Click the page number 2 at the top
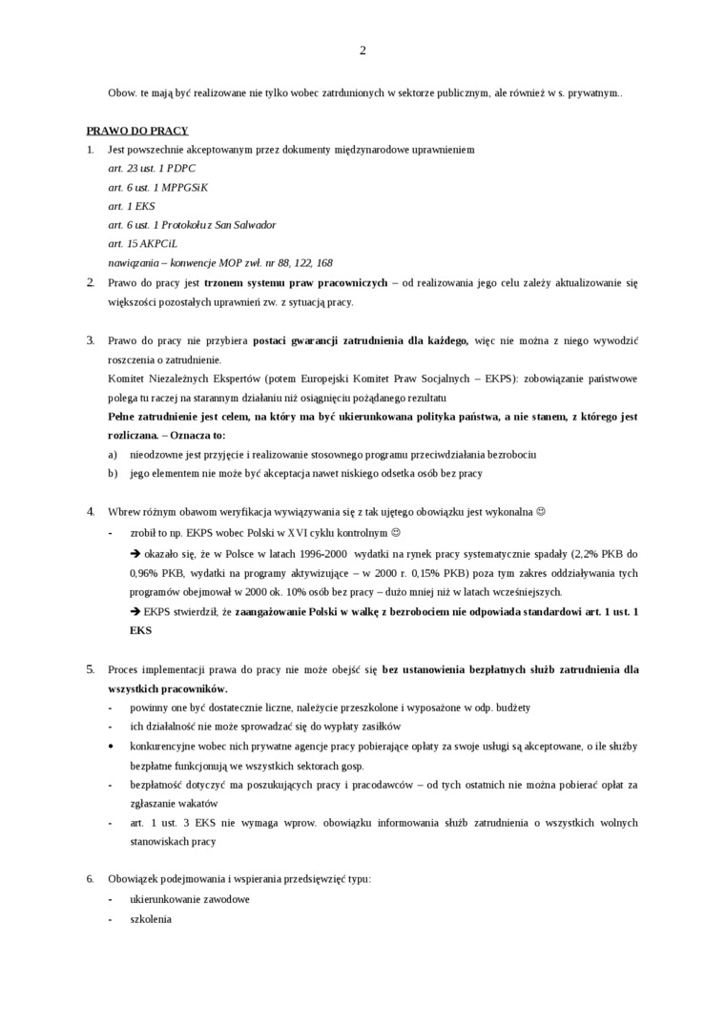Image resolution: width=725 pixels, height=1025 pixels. (x=362, y=51)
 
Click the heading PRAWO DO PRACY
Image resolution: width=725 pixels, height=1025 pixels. (x=136, y=131)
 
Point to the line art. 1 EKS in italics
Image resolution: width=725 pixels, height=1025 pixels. (x=131, y=206)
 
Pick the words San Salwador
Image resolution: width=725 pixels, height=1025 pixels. (x=246, y=225)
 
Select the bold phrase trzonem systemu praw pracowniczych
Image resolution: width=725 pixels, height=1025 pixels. (x=296, y=283)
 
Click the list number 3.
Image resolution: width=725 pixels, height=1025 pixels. (x=91, y=340)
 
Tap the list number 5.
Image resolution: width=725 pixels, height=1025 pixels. (x=91, y=669)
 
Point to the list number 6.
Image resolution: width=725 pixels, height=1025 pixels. (x=91, y=878)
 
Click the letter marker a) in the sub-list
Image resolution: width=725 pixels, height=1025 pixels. (x=113, y=454)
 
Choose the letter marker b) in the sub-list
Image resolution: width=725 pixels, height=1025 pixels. (x=113, y=473)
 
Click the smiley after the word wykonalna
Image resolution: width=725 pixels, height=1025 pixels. (x=541, y=511)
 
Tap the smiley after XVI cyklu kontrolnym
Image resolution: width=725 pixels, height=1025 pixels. (x=397, y=532)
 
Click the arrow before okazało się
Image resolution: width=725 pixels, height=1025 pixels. (x=135, y=553)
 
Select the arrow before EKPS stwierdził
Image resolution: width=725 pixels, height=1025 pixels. (x=135, y=610)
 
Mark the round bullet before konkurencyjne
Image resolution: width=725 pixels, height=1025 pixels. (x=112, y=746)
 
